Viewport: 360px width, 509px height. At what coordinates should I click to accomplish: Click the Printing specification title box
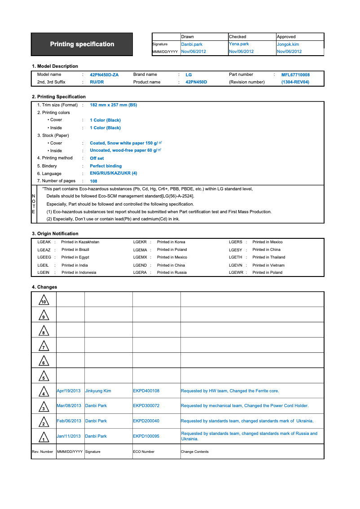(82, 44)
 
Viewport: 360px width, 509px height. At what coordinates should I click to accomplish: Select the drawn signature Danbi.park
(192, 44)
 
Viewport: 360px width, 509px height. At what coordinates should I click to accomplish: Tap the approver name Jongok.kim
(288, 44)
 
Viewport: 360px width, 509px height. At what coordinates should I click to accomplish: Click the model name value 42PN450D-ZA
(104, 75)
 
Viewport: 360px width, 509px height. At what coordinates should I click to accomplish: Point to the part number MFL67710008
(295, 75)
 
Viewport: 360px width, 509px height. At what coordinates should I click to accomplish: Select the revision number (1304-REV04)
(295, 82)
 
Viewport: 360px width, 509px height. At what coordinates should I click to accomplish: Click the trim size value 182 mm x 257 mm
(113, 105)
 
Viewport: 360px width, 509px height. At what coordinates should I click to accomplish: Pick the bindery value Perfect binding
(105, 166)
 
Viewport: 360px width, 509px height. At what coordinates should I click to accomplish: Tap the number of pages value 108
(93, 181)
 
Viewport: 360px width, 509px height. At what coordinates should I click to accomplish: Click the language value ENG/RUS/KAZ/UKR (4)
(113, 174)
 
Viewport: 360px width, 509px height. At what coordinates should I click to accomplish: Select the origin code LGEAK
(44, 242)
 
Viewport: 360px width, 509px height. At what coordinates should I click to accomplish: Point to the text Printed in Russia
(172, 273)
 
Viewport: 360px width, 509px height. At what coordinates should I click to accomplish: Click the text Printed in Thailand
(268, 258)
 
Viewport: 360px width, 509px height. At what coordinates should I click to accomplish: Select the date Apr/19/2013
(69, 391)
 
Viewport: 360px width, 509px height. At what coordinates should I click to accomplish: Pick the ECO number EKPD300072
(146, 406)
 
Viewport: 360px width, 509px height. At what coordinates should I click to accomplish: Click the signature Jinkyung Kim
(98, 391)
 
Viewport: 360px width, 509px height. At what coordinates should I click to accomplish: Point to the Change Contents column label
(194, 452)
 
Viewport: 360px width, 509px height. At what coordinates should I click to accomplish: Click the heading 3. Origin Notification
(55, 234)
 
